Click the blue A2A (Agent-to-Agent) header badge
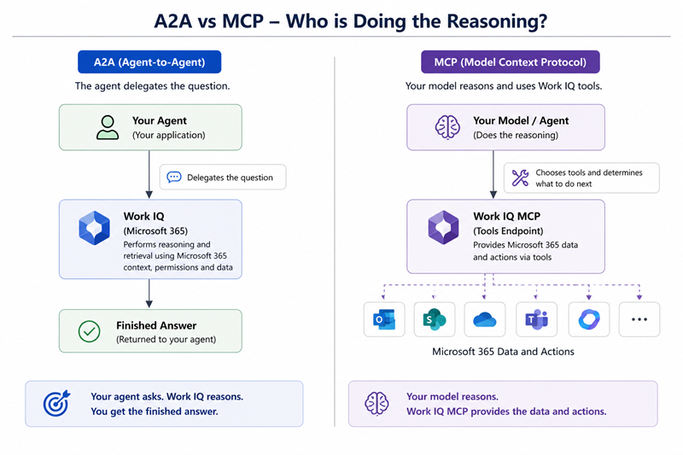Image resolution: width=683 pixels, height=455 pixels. tap(149, 61)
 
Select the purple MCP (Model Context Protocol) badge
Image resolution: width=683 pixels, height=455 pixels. tap(510, 61)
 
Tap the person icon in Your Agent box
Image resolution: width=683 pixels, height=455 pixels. tap(108, 127)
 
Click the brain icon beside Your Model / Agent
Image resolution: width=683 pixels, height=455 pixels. tap(447, 127)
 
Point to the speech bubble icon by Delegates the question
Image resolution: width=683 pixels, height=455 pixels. tap(174, 177)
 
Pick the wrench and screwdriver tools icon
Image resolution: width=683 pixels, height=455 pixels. tap(520, 178)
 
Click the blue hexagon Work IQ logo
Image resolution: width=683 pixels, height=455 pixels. tap(94, 228)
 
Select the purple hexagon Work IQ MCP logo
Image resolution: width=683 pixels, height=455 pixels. tap(443, 227)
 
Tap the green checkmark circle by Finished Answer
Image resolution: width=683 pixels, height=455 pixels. tap(90, 331)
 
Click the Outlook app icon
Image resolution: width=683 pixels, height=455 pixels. tap(384, 319)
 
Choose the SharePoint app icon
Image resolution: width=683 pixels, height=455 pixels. tap(435, 319)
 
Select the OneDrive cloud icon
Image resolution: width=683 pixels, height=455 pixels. tap(485, 319)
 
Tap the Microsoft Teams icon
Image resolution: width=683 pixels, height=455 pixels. tap(537, 319)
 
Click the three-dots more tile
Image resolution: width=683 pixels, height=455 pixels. tap(639, 319)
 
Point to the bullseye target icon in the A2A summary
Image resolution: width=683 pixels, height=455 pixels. tap(56, 403)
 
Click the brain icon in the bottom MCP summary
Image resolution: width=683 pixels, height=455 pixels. tap(377, 403)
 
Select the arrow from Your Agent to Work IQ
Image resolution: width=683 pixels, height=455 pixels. tap(149, 175)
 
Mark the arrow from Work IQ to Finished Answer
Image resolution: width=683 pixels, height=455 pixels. tap(149, 294)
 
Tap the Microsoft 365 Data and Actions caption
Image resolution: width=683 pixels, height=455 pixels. tap(503, 352)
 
